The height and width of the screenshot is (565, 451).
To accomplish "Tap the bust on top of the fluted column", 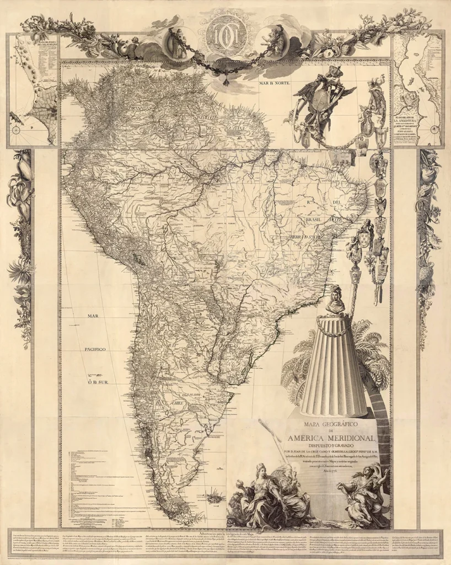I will pos(335,300).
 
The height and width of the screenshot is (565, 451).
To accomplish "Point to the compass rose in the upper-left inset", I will pos(16,130).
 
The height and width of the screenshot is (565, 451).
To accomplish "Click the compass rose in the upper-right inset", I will pos(434,130).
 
